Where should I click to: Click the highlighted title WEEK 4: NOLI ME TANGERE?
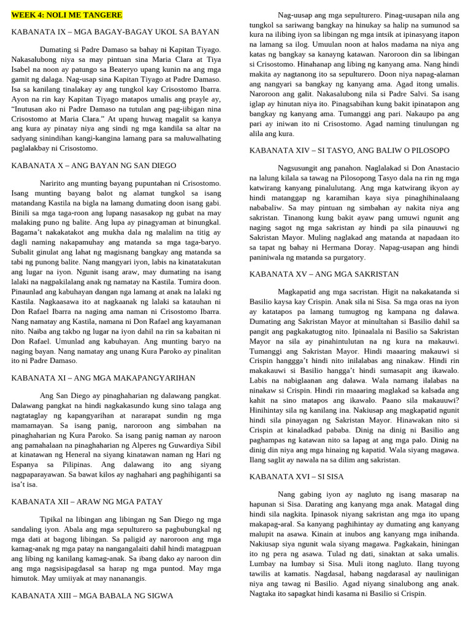67,15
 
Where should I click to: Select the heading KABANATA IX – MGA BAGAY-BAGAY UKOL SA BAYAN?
115,31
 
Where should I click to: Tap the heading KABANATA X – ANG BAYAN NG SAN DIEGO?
94,166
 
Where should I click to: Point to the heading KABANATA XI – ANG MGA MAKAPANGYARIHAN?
104,378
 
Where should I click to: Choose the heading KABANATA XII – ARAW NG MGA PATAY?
87,501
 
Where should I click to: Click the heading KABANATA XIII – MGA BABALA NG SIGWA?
92,595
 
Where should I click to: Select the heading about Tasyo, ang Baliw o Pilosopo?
350,150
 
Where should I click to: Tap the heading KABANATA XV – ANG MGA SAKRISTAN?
324,274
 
